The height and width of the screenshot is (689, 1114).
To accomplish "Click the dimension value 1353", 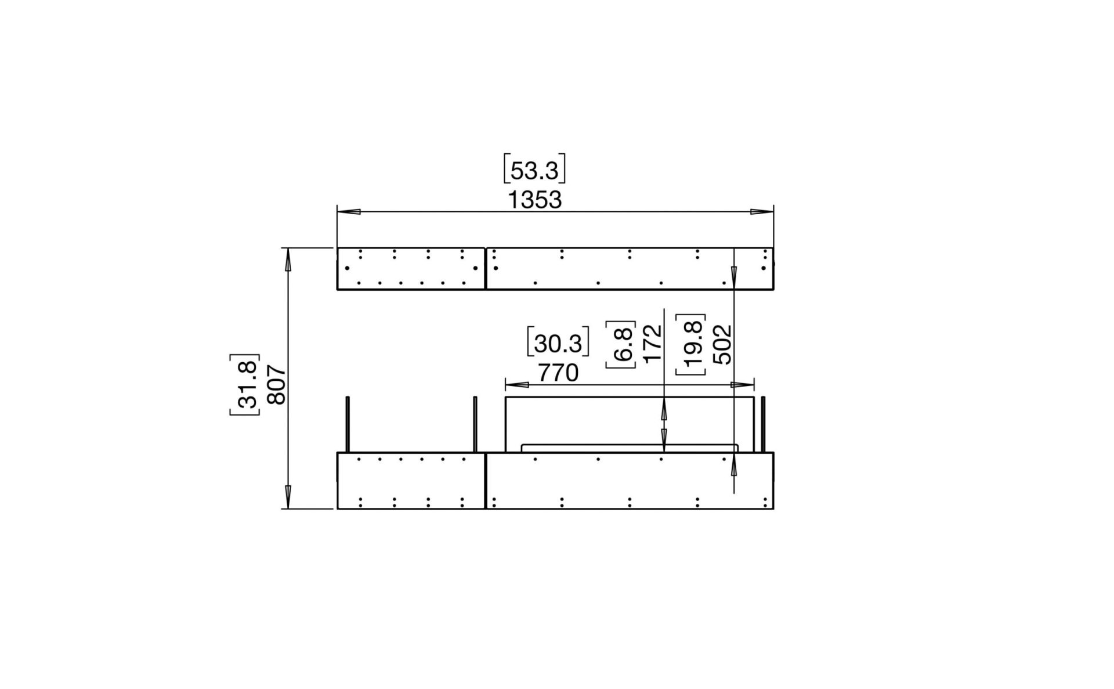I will point(534,200).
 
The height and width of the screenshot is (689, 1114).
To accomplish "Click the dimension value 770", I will point(558,373).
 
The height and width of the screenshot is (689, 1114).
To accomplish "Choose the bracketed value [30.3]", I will point(558,344).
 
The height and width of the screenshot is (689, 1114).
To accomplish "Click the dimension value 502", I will point(722,344).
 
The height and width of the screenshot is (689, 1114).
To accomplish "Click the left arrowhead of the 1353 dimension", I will point(349,212).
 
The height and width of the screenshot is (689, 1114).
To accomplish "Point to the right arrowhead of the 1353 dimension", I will point(762,212).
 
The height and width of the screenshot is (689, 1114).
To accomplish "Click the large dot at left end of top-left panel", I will point(347,268).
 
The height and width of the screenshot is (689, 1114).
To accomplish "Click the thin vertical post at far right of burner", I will point(764,424).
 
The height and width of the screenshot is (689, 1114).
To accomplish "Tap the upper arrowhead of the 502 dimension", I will point(734,274).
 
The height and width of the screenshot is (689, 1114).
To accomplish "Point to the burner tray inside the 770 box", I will point(630,448).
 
